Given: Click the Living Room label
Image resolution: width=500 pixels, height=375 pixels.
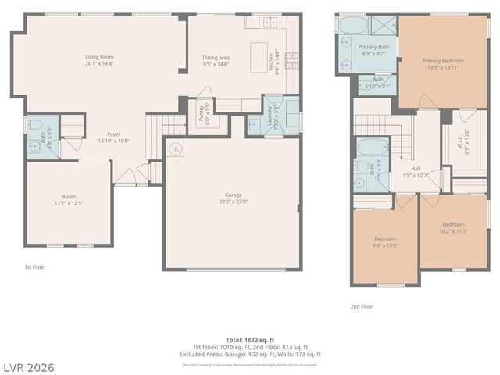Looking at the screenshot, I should (x=99, y=57).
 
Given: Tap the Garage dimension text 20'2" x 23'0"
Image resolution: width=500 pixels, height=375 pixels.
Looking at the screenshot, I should (x=234, y=199).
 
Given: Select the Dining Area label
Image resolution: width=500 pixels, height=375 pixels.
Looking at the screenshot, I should (x=216, y=57).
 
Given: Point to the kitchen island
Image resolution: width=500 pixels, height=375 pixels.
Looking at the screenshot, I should (x=259, y=57).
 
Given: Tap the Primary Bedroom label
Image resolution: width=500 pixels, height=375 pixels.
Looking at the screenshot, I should (x=443, y=61).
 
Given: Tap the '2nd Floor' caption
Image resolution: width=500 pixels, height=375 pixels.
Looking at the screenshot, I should (x=362, y=307).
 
